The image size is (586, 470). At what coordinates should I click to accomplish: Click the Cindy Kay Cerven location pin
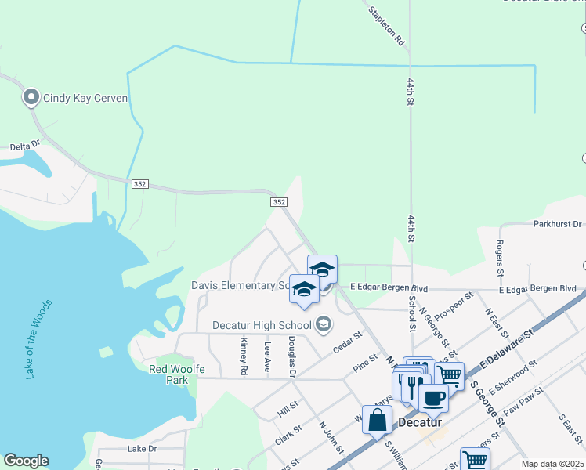tap(31, 98)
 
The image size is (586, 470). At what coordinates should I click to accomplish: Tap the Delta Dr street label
tap(24, 146)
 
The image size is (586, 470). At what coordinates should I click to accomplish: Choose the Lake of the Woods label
tap(38, 339)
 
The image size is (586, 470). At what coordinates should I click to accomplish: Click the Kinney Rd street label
tap(244, 355)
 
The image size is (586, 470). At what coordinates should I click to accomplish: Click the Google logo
tap(26, 461)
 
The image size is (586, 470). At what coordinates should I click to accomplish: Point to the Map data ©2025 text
tap(552, 464)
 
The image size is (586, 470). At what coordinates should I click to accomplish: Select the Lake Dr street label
tap(142, 449)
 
